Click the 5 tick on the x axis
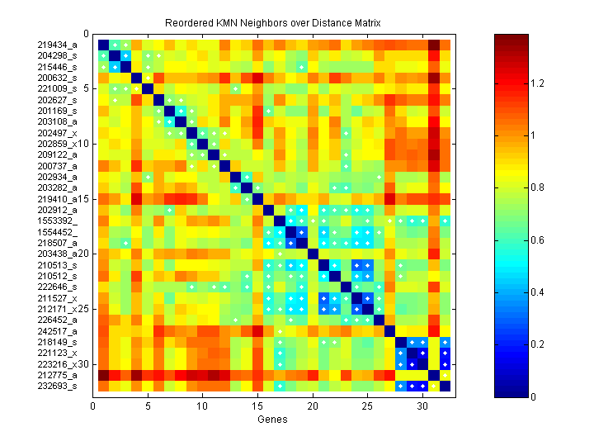point(148,405)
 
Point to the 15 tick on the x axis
point(257,405)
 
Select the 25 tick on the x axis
point(368,405)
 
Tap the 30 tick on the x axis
point(423,405)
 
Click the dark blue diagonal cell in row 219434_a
point(104,45)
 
